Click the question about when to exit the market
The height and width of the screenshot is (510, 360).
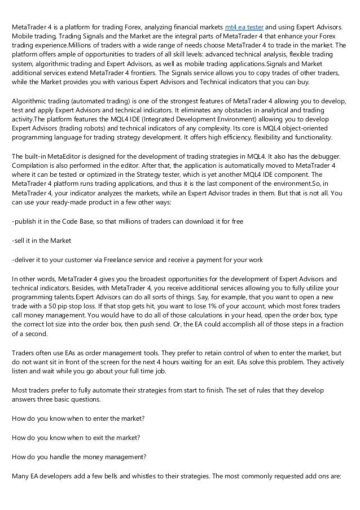[x=76, y=438]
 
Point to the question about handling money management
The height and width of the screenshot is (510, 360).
[x=80, y=457]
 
